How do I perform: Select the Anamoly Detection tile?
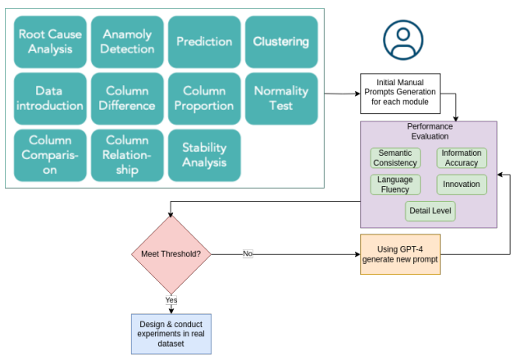127,41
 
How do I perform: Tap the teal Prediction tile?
204,41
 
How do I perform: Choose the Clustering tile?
280,41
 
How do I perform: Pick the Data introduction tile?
49,98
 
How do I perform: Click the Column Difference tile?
127,98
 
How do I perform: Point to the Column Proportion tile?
204,98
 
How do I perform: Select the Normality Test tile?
280,98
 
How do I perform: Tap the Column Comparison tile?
49,156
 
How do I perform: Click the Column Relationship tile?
127,156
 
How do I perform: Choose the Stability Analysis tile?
204,156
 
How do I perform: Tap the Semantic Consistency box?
395,158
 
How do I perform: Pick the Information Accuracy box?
462,158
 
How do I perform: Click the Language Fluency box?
395,185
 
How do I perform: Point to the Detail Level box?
430,211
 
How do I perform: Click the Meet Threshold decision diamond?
171,253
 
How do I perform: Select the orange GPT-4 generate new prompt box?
400,254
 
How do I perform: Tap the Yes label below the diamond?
171,300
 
